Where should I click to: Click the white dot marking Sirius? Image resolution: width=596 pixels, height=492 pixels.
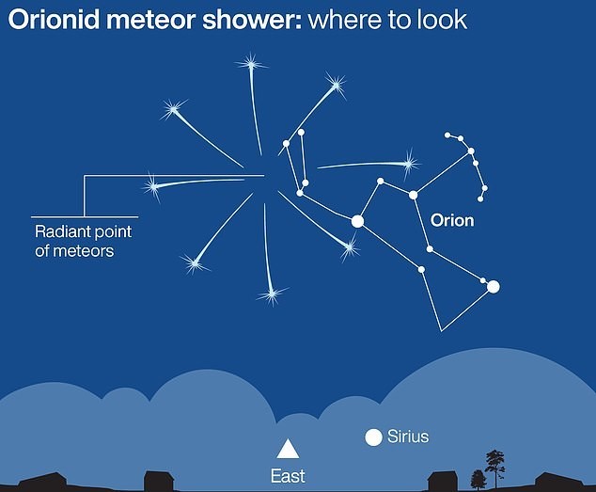click(x=373, y=437)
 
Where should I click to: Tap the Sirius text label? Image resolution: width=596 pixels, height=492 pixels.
click(x=408, y=436)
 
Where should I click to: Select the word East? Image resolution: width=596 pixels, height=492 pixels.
click(x=288, y=476)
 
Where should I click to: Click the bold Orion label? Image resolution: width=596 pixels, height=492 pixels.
click(x=452, y=221)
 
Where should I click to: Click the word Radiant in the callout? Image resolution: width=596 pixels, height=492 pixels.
click(x=61, y=231)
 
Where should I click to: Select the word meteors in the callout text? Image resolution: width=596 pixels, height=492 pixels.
click(x=83, y=251)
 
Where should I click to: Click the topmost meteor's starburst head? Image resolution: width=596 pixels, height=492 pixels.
click(x=251, y=64)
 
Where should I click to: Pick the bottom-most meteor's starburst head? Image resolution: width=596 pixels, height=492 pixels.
click(x=272, y=294)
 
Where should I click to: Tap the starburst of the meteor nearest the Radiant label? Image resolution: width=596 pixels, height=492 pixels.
click(x=153, y=186)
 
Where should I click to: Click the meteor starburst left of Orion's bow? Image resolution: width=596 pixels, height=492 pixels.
click(x=409, y=164)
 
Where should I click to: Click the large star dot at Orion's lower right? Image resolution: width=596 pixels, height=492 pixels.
click(x=493, y=287)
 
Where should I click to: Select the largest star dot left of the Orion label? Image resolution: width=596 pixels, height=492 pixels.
click(x=357, y=221)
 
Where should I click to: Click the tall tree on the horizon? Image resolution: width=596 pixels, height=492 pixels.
click(x=494, y=468)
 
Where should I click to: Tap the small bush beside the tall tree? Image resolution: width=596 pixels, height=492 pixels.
click(x=478, y=479)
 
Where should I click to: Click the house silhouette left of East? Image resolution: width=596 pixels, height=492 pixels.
click(x=159, y=480)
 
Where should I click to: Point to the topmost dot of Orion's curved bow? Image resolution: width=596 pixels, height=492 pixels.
click(x=447, y=135)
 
